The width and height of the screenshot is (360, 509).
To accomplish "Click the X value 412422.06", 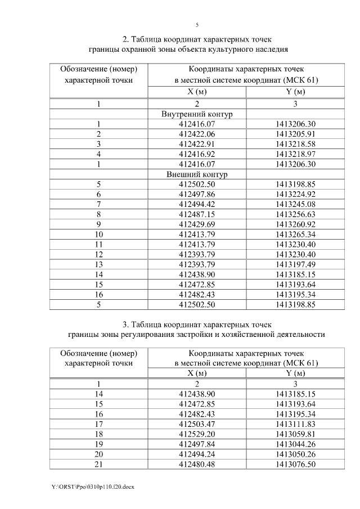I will (x=197, y=134).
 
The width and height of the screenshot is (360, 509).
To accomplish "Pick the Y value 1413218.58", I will (x=296, y=144).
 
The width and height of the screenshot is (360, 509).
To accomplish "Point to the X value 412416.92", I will (x=197, y=154).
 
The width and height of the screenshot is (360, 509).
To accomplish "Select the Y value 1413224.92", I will (x=296, y=194).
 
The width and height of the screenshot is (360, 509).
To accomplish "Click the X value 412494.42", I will (x=197, y=204).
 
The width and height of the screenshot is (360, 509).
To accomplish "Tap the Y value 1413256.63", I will (x=296, y=214).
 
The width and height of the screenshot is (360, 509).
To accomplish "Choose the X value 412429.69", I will (x=197, y=224).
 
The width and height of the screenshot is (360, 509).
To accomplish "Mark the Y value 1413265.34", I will (x=296, y=235).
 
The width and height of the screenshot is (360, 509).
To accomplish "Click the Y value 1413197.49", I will (x=296, y=264).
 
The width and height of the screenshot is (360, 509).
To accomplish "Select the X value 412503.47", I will (x=197, y=424).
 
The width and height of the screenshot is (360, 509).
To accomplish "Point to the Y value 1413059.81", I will (x=296, y=434).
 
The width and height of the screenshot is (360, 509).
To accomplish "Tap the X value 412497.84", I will (x=197, y=444).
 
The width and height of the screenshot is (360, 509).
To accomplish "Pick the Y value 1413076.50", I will (x=296, y=464).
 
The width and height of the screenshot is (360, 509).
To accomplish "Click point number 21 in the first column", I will (x=99, y=464).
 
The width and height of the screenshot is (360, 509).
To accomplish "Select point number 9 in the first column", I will (x=99, y=224).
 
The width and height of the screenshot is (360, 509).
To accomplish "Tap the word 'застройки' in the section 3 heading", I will (x=209, y=334).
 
